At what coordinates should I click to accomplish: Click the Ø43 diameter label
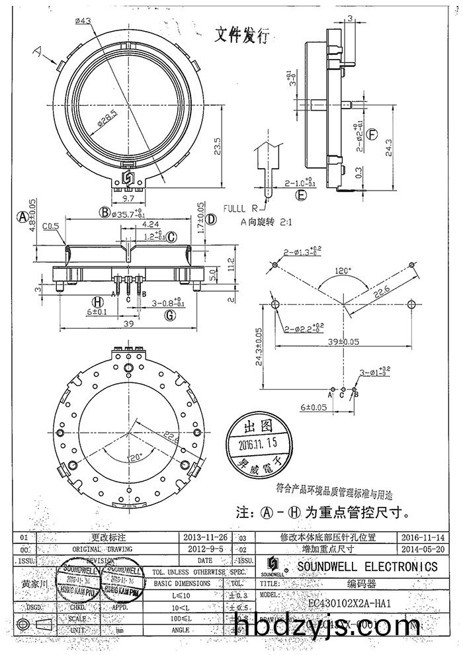[x=83, y=21]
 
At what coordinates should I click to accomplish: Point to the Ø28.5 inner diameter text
[x=108, y=121]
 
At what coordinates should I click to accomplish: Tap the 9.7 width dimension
[x=128, y=198]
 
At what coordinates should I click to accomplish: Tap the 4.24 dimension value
[x=149, y=224]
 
